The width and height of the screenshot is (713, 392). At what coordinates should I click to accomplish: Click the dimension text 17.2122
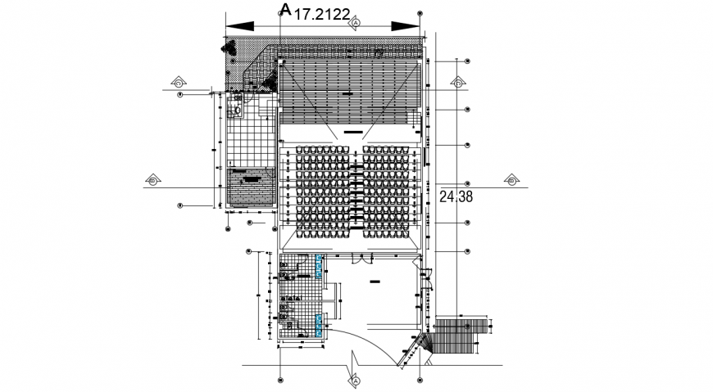coord(323,14)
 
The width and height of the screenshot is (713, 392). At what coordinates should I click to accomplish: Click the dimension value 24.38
coord(455,196)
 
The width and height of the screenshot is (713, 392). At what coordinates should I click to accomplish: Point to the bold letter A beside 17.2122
coord(285,9)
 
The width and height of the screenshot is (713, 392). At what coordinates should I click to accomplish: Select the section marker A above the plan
coord(356,24)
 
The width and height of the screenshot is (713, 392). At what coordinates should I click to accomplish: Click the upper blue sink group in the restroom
coord(318,265)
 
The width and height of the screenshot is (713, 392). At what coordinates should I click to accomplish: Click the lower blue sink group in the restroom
coord(318,326)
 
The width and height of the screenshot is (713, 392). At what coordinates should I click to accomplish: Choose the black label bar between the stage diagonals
coord(354,131)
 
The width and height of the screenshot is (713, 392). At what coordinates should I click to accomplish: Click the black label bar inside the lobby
coord(375,281)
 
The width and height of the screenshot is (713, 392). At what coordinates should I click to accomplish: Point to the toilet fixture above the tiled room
coord(238,109)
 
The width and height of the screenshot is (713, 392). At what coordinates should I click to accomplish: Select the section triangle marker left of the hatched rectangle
coord(153,179)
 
